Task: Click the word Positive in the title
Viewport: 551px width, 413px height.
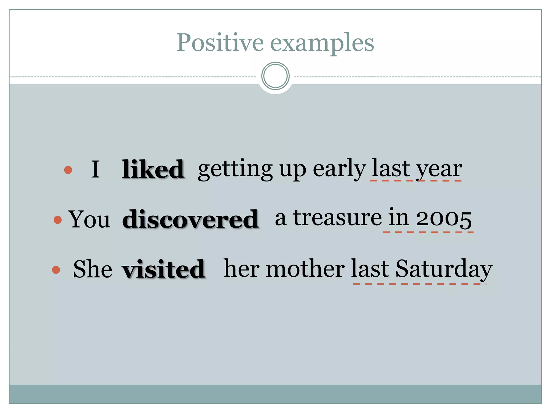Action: (x=220, y=43)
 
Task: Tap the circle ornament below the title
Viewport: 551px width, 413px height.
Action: (x=275, y=76)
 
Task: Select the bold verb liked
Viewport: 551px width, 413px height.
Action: (x=153, y=169)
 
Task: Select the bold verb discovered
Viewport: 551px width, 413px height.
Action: (x=190, y=219)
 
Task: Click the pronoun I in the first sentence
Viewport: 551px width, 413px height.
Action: (x=96, y=169)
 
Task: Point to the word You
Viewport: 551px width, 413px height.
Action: (x=89, y=219)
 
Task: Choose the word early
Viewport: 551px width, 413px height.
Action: (x=339, y=169)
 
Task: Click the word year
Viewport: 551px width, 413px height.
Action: (x=439, y=169)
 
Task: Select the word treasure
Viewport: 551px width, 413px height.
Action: (x=337, y=218)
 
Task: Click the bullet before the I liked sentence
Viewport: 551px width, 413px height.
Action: (x=68, y=170)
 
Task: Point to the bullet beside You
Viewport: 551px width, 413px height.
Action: (x=58, y=220)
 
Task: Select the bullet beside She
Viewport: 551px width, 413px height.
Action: (x=56, y=270)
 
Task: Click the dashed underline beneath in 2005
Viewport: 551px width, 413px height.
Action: (x=428, y=232)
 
